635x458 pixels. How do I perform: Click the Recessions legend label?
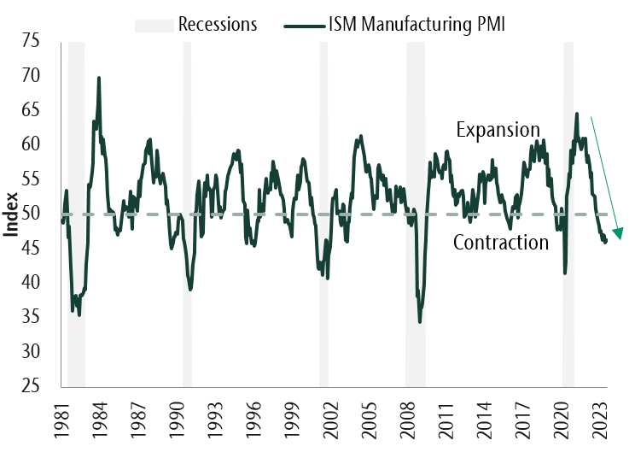(x=218, y=24)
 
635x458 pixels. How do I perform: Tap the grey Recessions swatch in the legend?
(x=154, y=24)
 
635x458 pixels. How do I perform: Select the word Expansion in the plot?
(x=498, y=130)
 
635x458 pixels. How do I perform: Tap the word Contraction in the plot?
(x=500, y=243)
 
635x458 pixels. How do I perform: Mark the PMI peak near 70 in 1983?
(x=99, y=78)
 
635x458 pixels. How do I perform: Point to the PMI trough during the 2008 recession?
(x=420, y=321)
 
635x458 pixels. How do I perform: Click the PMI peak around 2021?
(x=577, y=114)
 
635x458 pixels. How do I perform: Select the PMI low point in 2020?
(x=565, y=273)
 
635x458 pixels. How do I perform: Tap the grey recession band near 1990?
(x=187, y=214)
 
